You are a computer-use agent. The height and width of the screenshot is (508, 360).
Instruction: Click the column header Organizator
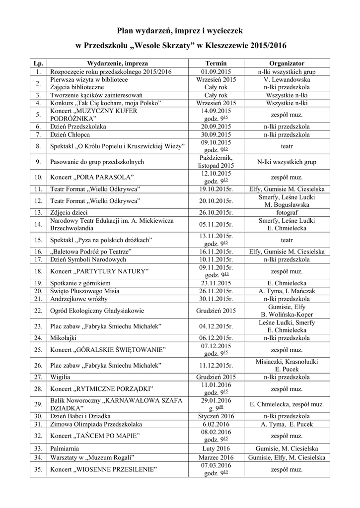coord(287,64)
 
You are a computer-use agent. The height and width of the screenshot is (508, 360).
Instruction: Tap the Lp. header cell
coord(38,64)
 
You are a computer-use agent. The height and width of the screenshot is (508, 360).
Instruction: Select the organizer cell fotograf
coord(287,212)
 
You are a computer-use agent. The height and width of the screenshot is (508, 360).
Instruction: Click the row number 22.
coord(38,311)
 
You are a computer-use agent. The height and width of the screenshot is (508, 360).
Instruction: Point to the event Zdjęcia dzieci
coord(70,212)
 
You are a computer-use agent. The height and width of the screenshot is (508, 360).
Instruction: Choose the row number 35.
coord(38,469)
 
